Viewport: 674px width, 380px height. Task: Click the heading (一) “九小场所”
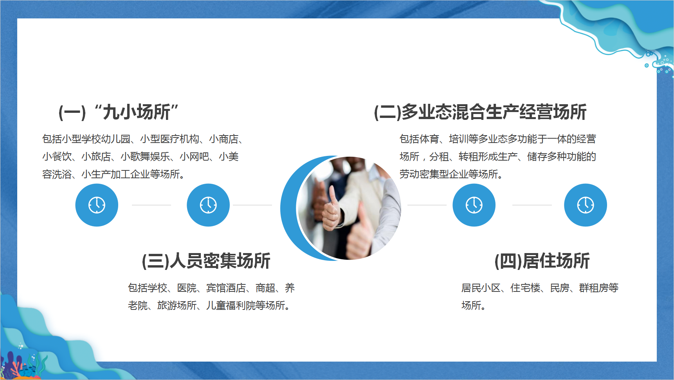[119, 112]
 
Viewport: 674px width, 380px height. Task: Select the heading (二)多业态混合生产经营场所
[480, 112]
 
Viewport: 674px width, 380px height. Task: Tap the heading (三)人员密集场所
[206, 261]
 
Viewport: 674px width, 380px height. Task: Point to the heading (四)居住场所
[542, 261]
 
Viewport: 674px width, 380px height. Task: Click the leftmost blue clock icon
[97, 205]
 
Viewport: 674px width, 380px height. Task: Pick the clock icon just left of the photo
[208, 205]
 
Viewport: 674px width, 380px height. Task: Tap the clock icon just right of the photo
[474, 205]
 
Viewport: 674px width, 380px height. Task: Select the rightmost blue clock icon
[586, 205]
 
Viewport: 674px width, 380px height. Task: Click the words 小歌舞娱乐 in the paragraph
[145, 157]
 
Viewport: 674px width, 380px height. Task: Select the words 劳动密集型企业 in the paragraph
[434, 174]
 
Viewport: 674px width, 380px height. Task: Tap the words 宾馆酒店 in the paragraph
[226, 288]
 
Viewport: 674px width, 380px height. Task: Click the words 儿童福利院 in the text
[231, 306]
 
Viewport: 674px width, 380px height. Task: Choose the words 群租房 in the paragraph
[594, 288]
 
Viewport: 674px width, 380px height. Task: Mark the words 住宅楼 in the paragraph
[525, 288]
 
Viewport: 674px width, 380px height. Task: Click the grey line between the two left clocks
[151, 205]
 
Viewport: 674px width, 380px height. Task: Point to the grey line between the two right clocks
[532, 205]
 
